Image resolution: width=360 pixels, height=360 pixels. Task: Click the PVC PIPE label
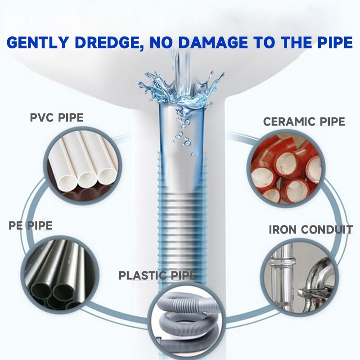pyautogui.click(x=57, y=118)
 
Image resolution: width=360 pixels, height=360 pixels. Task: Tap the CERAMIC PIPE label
pyautogui.click(x=304, y=121)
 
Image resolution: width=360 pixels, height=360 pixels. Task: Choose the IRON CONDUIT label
pyautogui.click(x=310, y=229)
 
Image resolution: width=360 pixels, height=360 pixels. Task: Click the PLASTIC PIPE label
pyautogui.click(x=157, y=275)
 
